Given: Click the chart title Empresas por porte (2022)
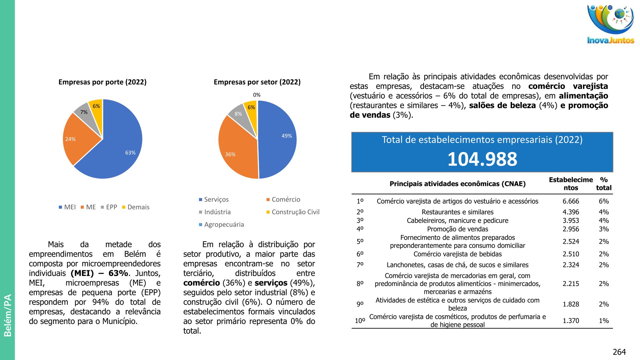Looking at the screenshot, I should coord(102,82).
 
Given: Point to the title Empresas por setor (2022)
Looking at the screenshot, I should coord(257,82).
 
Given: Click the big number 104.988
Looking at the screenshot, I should coord(482,159).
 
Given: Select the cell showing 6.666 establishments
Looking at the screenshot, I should coord(571,201).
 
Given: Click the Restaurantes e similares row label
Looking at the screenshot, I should coord(457,212).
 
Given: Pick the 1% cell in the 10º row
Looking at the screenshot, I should coord(604,321).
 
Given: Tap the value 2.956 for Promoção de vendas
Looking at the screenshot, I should coord(571,229).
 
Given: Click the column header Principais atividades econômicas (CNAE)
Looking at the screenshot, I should coord(457,184).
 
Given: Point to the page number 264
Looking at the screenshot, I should coord(619,352).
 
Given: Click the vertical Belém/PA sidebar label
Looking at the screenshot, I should coord(7,315).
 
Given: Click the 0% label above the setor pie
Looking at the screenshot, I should coord(257,95).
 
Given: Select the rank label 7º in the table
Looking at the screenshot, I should coord(360,265).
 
